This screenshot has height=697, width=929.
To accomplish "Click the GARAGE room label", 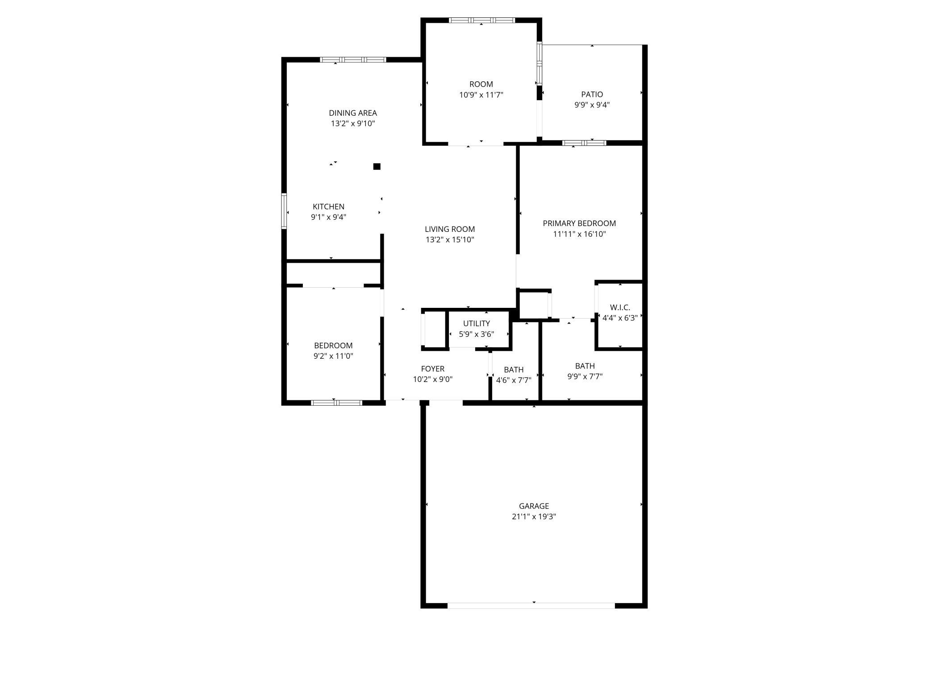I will [x=534, y=506].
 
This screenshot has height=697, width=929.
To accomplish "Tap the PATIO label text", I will [x=592, y=94].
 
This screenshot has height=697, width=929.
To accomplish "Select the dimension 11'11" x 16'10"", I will [x=579, y=234].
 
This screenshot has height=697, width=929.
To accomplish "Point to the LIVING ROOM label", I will [x=449, y=229].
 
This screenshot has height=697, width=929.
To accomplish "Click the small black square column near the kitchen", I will [x=377, y=167].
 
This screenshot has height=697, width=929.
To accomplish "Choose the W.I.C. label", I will [x=620, y=307].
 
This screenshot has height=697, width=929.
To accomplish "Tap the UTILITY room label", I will [x=476, y=323].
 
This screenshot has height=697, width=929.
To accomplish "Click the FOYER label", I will [x=432, y=369].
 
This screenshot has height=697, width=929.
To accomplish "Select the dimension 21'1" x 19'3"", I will [x=534, y=516].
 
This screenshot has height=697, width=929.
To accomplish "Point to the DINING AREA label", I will [x=353, y=113].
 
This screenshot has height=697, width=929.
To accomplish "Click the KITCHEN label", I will [x=328, y=206].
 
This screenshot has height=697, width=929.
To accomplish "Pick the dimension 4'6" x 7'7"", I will [x=514, y=381].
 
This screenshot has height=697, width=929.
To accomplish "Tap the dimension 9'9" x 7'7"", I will [x=585, y=377].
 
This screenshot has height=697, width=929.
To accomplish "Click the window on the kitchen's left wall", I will [x=284, y=211].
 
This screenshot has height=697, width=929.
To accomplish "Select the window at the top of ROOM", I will [x=481, y=20].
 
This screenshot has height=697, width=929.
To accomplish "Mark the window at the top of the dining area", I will [x=353, y=59].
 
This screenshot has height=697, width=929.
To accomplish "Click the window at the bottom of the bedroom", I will [x=336, y=403].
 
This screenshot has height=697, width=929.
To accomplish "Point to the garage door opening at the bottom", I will [x=531, y=605].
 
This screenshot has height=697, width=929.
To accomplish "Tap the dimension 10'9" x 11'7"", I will [x=481, y=95].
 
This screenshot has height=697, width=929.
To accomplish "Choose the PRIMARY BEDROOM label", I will [x=579, y=223].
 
